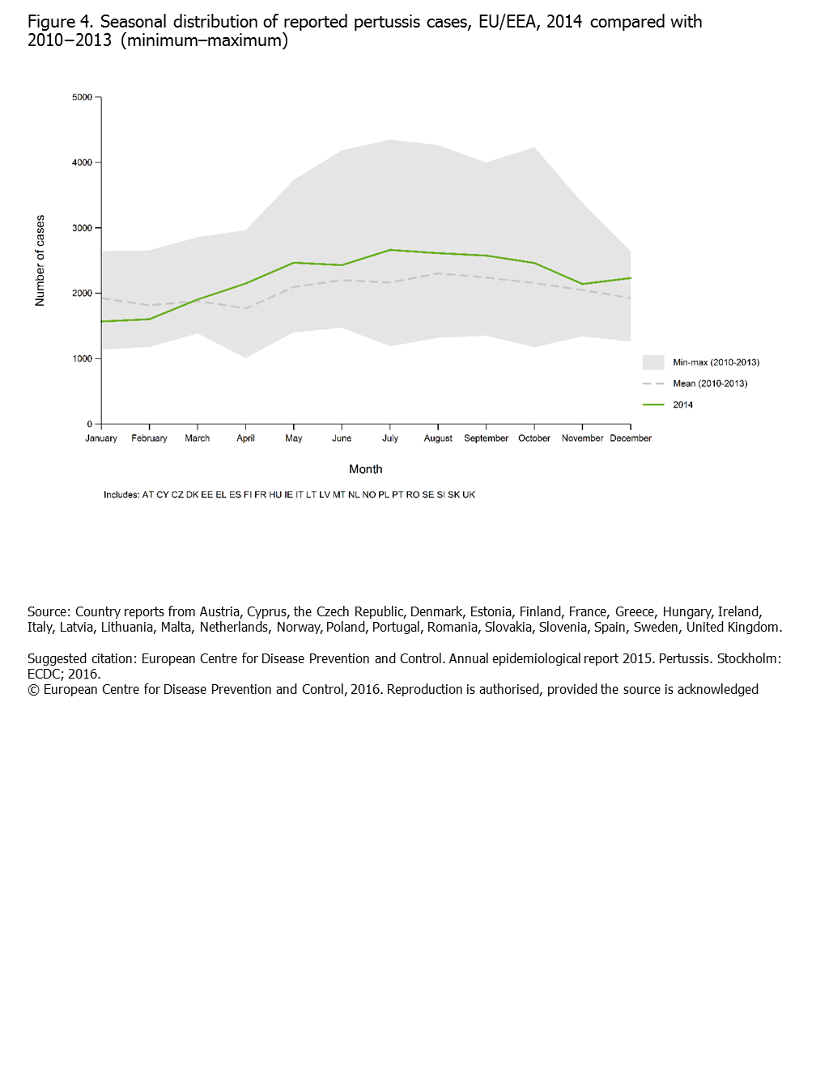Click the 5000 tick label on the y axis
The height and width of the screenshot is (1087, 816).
(82, 97)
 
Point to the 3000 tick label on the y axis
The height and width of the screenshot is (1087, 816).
(82, 228)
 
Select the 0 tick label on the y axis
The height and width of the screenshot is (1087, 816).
(90, 424)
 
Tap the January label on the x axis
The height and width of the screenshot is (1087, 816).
(101, 438)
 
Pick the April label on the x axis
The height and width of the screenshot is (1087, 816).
(245, 438)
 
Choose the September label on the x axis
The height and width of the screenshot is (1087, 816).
(486, 438)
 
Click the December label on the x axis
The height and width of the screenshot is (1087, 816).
(631, 438)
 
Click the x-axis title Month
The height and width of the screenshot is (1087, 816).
(365, 469)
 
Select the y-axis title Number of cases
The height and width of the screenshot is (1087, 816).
(40, 260)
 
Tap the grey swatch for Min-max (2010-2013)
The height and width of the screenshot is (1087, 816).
(653, 362)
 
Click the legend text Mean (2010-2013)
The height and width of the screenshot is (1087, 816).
(710, 383)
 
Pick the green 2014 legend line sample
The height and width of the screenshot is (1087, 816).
(653, 404)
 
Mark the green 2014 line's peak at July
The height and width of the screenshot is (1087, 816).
(390, 250)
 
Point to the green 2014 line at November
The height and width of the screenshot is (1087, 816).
(582, 285)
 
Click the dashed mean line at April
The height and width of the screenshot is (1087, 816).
(245, 308)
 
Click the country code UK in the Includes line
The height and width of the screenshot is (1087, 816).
(469, 495)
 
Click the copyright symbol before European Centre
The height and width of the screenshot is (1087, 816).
(33, 690)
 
